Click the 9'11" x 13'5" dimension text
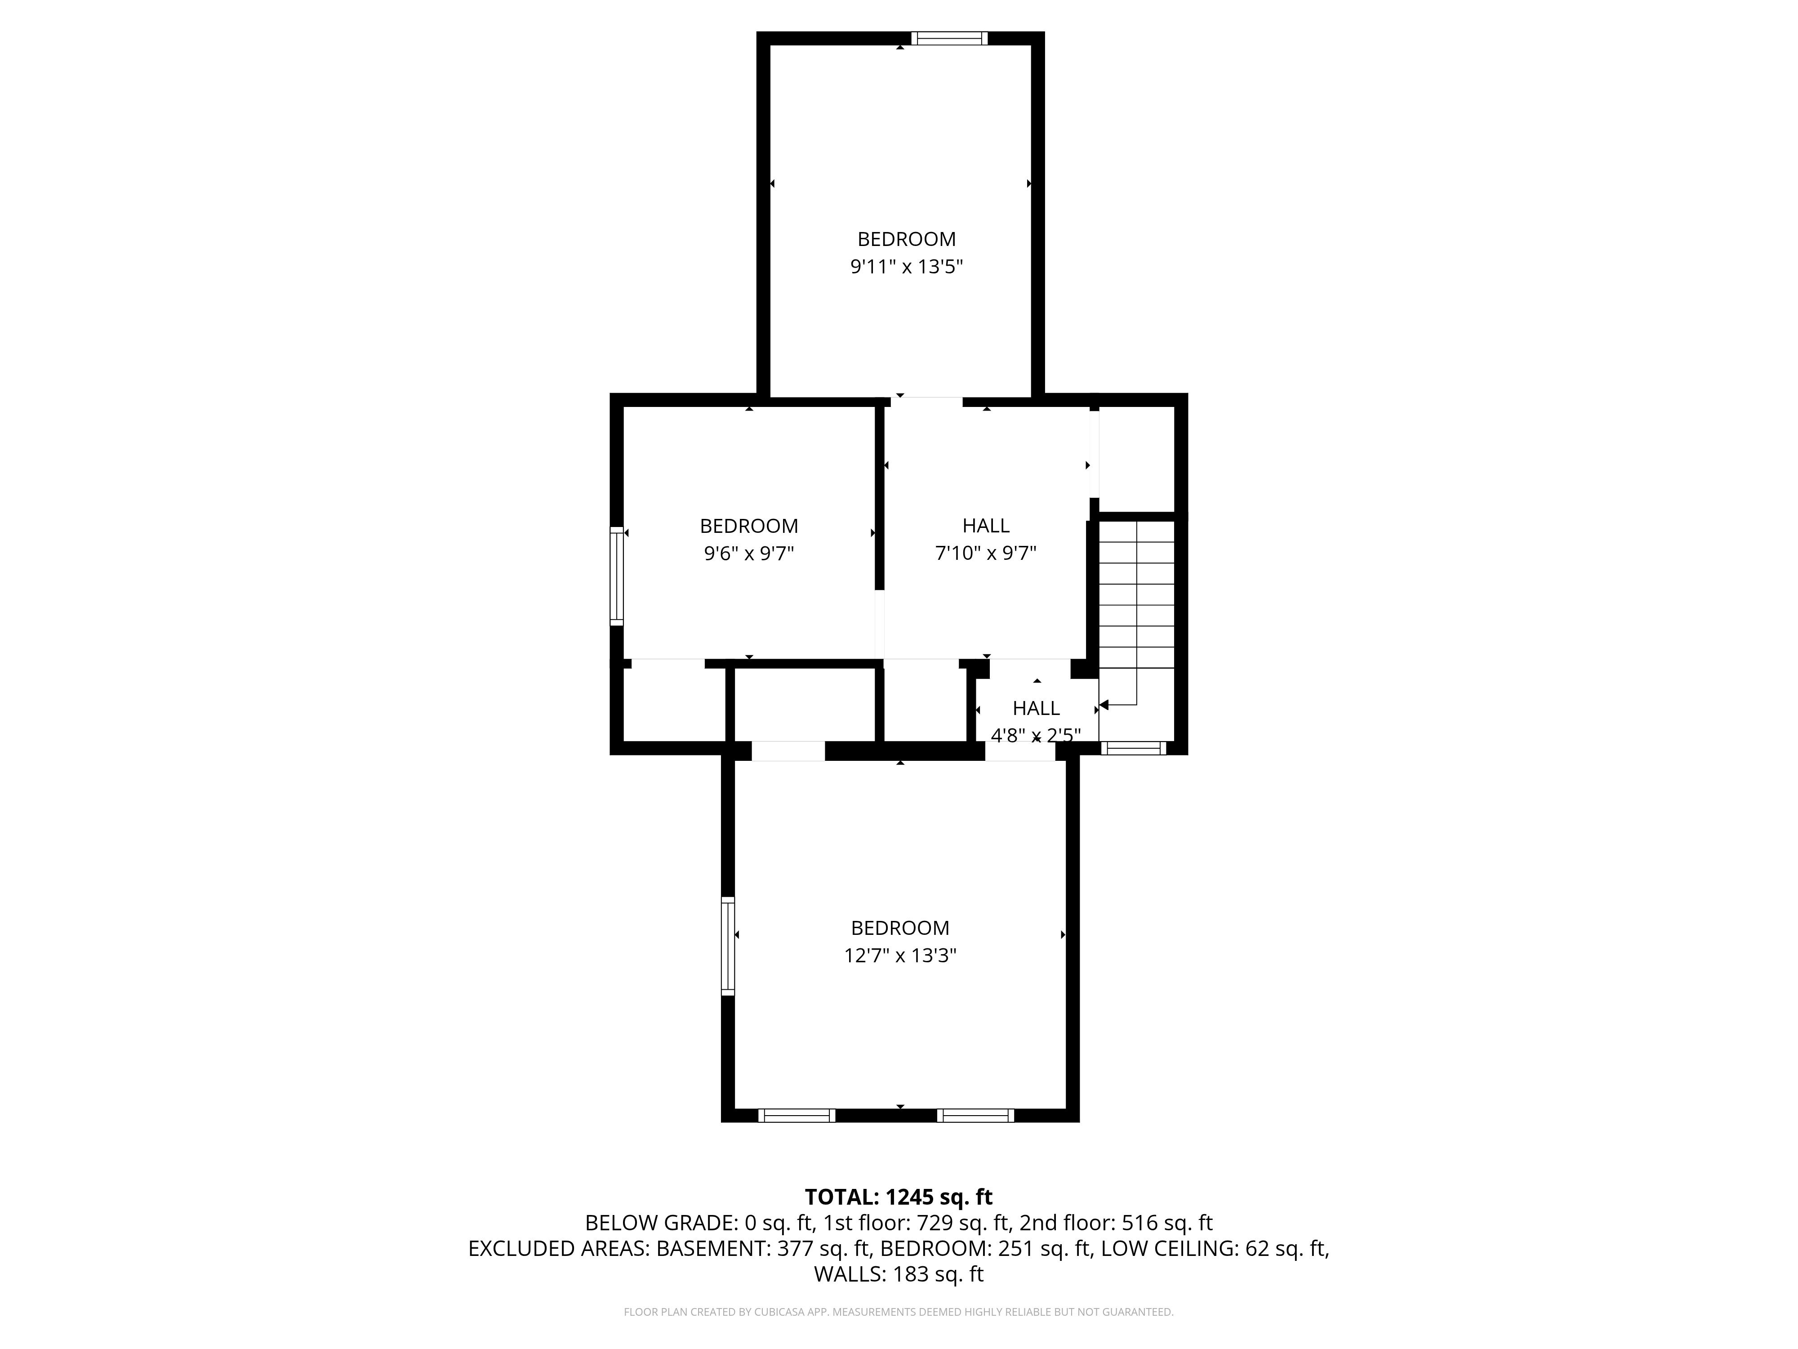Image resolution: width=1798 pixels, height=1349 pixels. click(x=906, y=267)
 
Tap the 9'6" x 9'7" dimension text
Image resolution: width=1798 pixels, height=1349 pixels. click(x=748, y=554)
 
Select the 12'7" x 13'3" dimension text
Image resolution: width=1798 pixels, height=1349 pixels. click(x=900, y=956)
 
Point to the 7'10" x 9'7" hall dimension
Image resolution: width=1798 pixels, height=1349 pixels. click(x=986, y=554)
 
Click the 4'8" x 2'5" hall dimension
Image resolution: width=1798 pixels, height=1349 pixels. click(x=1036, y=736)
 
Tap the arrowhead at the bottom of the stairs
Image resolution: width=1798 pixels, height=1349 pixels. click(x=1104, y=705)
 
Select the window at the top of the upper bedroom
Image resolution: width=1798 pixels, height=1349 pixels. click(x=949, y=38)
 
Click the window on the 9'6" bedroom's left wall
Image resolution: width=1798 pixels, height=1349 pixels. click(x=617, y=576)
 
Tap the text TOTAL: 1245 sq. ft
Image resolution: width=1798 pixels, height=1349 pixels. click(x=898, y=1197)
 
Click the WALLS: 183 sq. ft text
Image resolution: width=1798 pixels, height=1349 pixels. click(x=898, y=1274)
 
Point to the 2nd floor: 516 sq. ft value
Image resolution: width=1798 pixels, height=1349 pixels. click(x=1116, y=1223)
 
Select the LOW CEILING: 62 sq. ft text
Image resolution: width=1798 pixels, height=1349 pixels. click(x=1215, y=1249)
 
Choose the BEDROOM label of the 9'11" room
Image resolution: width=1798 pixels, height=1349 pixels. click(x=906, y=239)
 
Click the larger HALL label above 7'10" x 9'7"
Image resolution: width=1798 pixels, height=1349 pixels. click(x=986, y=526)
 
